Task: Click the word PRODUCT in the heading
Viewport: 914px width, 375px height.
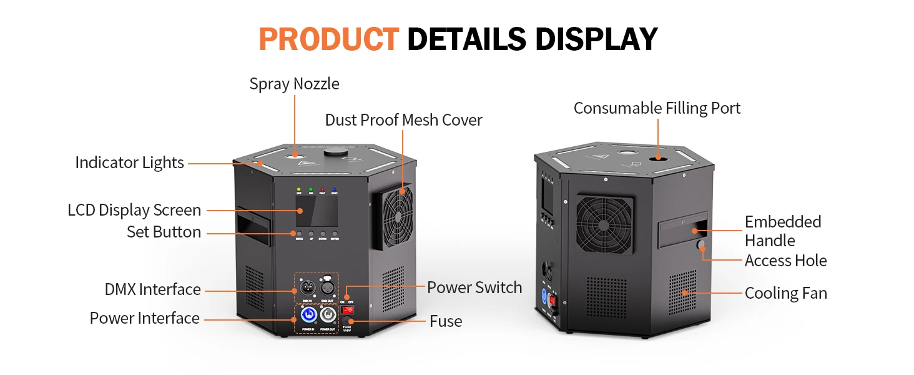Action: [328, 39]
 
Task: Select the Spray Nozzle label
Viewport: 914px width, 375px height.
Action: [294, 84]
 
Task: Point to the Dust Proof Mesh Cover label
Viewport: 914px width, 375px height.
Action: [403, 120]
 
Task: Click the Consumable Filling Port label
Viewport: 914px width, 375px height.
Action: [657, 108]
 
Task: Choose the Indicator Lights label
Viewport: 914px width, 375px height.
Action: [129, 162]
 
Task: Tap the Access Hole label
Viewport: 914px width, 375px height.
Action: [785, 261]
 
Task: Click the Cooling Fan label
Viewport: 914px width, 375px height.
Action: [785, 293]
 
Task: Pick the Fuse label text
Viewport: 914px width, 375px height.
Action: [446, 321]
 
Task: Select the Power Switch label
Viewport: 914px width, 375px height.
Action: [474, 287]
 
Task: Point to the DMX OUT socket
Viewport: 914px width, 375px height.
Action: [327, 288]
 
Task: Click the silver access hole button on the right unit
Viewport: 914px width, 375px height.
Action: [700, 246]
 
